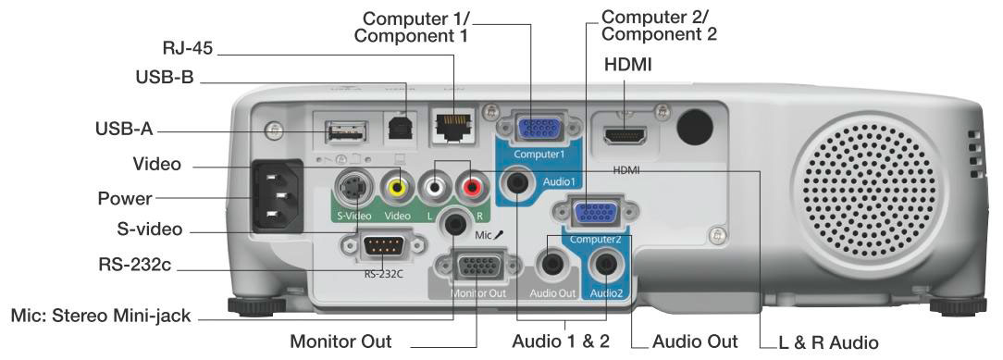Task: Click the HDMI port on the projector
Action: (x=625, y=135)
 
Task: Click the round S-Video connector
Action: (x=353, y=190)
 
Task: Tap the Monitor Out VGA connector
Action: (x=476, y=267)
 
